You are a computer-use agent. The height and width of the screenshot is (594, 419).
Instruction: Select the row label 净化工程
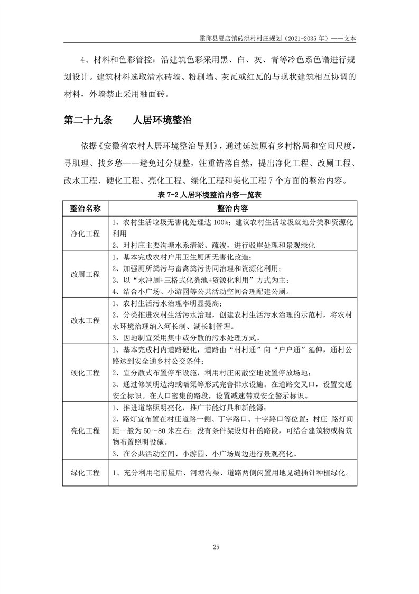(85, 233)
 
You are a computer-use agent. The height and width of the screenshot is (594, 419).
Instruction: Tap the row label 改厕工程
(85, 274)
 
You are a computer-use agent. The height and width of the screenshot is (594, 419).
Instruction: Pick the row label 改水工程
(85, 321)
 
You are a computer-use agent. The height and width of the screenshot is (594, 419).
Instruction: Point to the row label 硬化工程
(85, 372)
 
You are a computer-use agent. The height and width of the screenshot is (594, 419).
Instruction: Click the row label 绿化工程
(85, 473)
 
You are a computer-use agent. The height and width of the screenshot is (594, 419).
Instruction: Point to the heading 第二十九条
(88, 121)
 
